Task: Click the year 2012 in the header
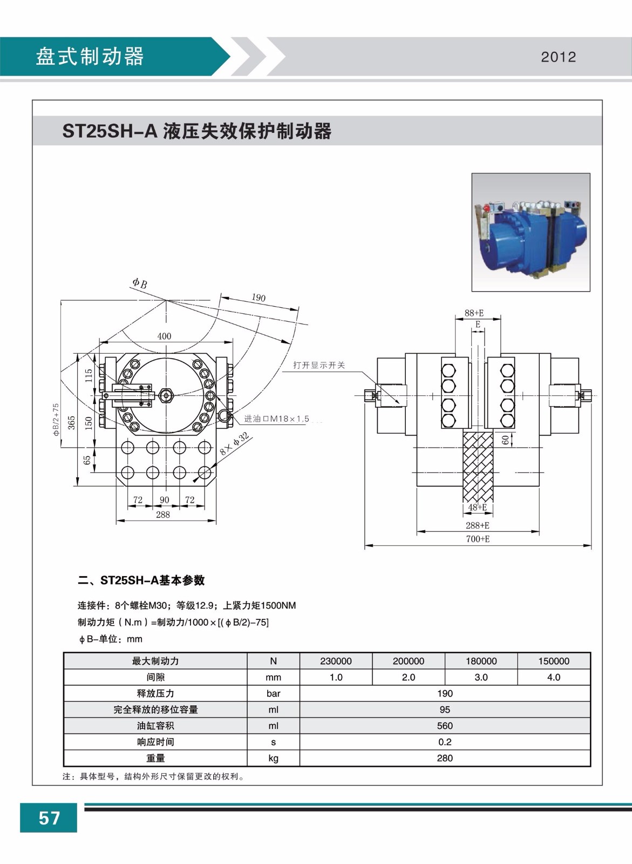pos(558,57)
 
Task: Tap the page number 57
pos(49,818)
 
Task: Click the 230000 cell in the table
pos(336,661)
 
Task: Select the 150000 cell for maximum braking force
pos(554,661)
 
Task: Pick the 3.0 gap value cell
pos(481,677)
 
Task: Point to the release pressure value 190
pos(445,693)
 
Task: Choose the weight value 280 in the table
pos(445,758)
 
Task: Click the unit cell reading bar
pos(273,693)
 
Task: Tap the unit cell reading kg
pos(273,758)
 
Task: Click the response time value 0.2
pos(445,742)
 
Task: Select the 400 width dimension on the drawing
pos(164,336)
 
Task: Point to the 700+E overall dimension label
pos(478,539)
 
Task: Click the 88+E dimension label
pos(474,313)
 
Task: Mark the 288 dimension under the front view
pos(163,515)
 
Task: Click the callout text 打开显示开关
pos(319,365)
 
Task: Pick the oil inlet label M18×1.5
pos(276,418)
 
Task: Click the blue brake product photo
pos(531,232)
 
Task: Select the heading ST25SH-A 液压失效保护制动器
pos(197,131)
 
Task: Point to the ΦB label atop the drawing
pos(140,283)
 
